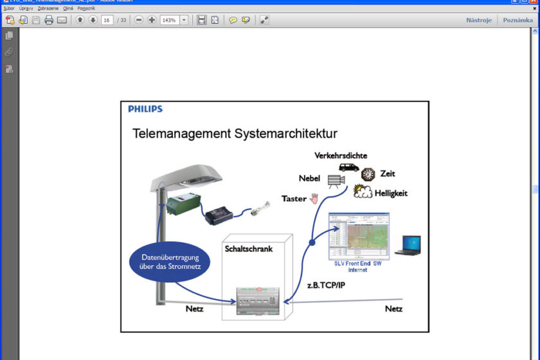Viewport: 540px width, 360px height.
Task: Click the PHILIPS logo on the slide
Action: coord(145,109)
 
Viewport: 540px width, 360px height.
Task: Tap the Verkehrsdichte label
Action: coord(341,156)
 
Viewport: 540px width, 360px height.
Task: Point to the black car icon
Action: coord(349,167)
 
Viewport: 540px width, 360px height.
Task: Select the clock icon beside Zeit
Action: coord(368,174)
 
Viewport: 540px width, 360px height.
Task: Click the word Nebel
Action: coord(310,178)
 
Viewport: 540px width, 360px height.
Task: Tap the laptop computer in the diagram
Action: coord(407,246)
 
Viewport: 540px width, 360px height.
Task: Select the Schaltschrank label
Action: coord(248,249)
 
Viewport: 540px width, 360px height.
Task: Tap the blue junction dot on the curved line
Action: coord(312,243)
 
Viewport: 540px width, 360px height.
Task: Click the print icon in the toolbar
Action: coord(48,20)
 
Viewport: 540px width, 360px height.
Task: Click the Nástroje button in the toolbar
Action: coord(479,20)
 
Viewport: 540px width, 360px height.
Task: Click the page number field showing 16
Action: coord(107,20)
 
